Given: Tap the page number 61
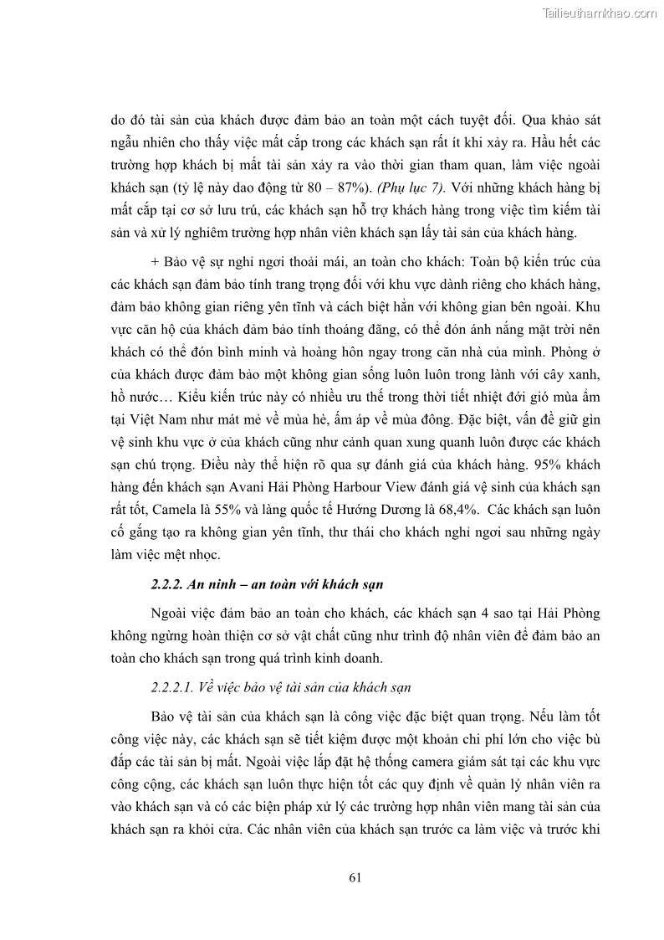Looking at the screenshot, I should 354,877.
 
